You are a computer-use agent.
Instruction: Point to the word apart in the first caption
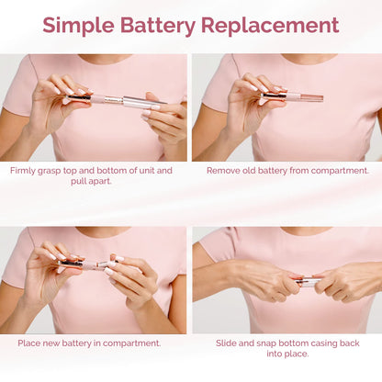tap(105, 184)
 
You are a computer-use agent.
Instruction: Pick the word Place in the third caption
tap(29, 343)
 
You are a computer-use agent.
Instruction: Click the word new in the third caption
tap(56, 343)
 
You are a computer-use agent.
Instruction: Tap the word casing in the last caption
tap(328, 343)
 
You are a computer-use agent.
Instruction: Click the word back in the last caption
tap(360, 343)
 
